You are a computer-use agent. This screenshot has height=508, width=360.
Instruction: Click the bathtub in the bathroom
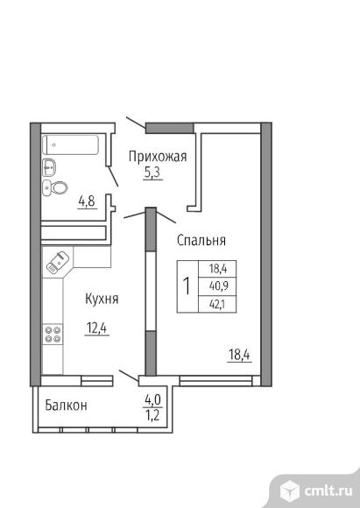pos(70,145)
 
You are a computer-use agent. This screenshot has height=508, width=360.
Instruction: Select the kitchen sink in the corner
pos(58,262)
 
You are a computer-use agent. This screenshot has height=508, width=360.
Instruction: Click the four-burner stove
pos(53,334)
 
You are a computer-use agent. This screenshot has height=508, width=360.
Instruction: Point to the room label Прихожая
pos(158,156)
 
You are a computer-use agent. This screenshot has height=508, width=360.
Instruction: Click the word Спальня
pos(201,240)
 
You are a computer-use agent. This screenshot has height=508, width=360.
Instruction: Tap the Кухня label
pos(102,299)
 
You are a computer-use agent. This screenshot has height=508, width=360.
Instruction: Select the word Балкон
pos(66,405)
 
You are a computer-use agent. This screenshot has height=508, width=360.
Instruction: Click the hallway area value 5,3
pos(152,173)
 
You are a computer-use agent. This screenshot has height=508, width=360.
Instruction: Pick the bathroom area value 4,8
pos(87,201)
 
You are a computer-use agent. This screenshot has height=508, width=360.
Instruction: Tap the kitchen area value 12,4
pos(96,328)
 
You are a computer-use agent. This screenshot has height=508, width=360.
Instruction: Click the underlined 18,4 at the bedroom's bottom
pos(239,355)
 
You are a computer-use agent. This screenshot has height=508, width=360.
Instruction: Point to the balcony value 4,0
pos(153,400)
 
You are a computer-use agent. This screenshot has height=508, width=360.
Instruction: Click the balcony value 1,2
pos(153,414)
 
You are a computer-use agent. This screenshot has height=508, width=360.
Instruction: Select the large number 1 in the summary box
pos(187,286)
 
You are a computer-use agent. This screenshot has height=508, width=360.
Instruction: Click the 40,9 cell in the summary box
pos(218,286)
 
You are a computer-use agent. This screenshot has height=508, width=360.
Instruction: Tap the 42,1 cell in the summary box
pos(218,305)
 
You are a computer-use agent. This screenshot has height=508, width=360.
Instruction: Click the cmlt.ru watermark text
pos(328,490)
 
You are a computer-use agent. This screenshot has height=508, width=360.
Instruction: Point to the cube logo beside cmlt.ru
pos(289,490)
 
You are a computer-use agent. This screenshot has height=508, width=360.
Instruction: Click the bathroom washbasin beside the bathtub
pos(49,167)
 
